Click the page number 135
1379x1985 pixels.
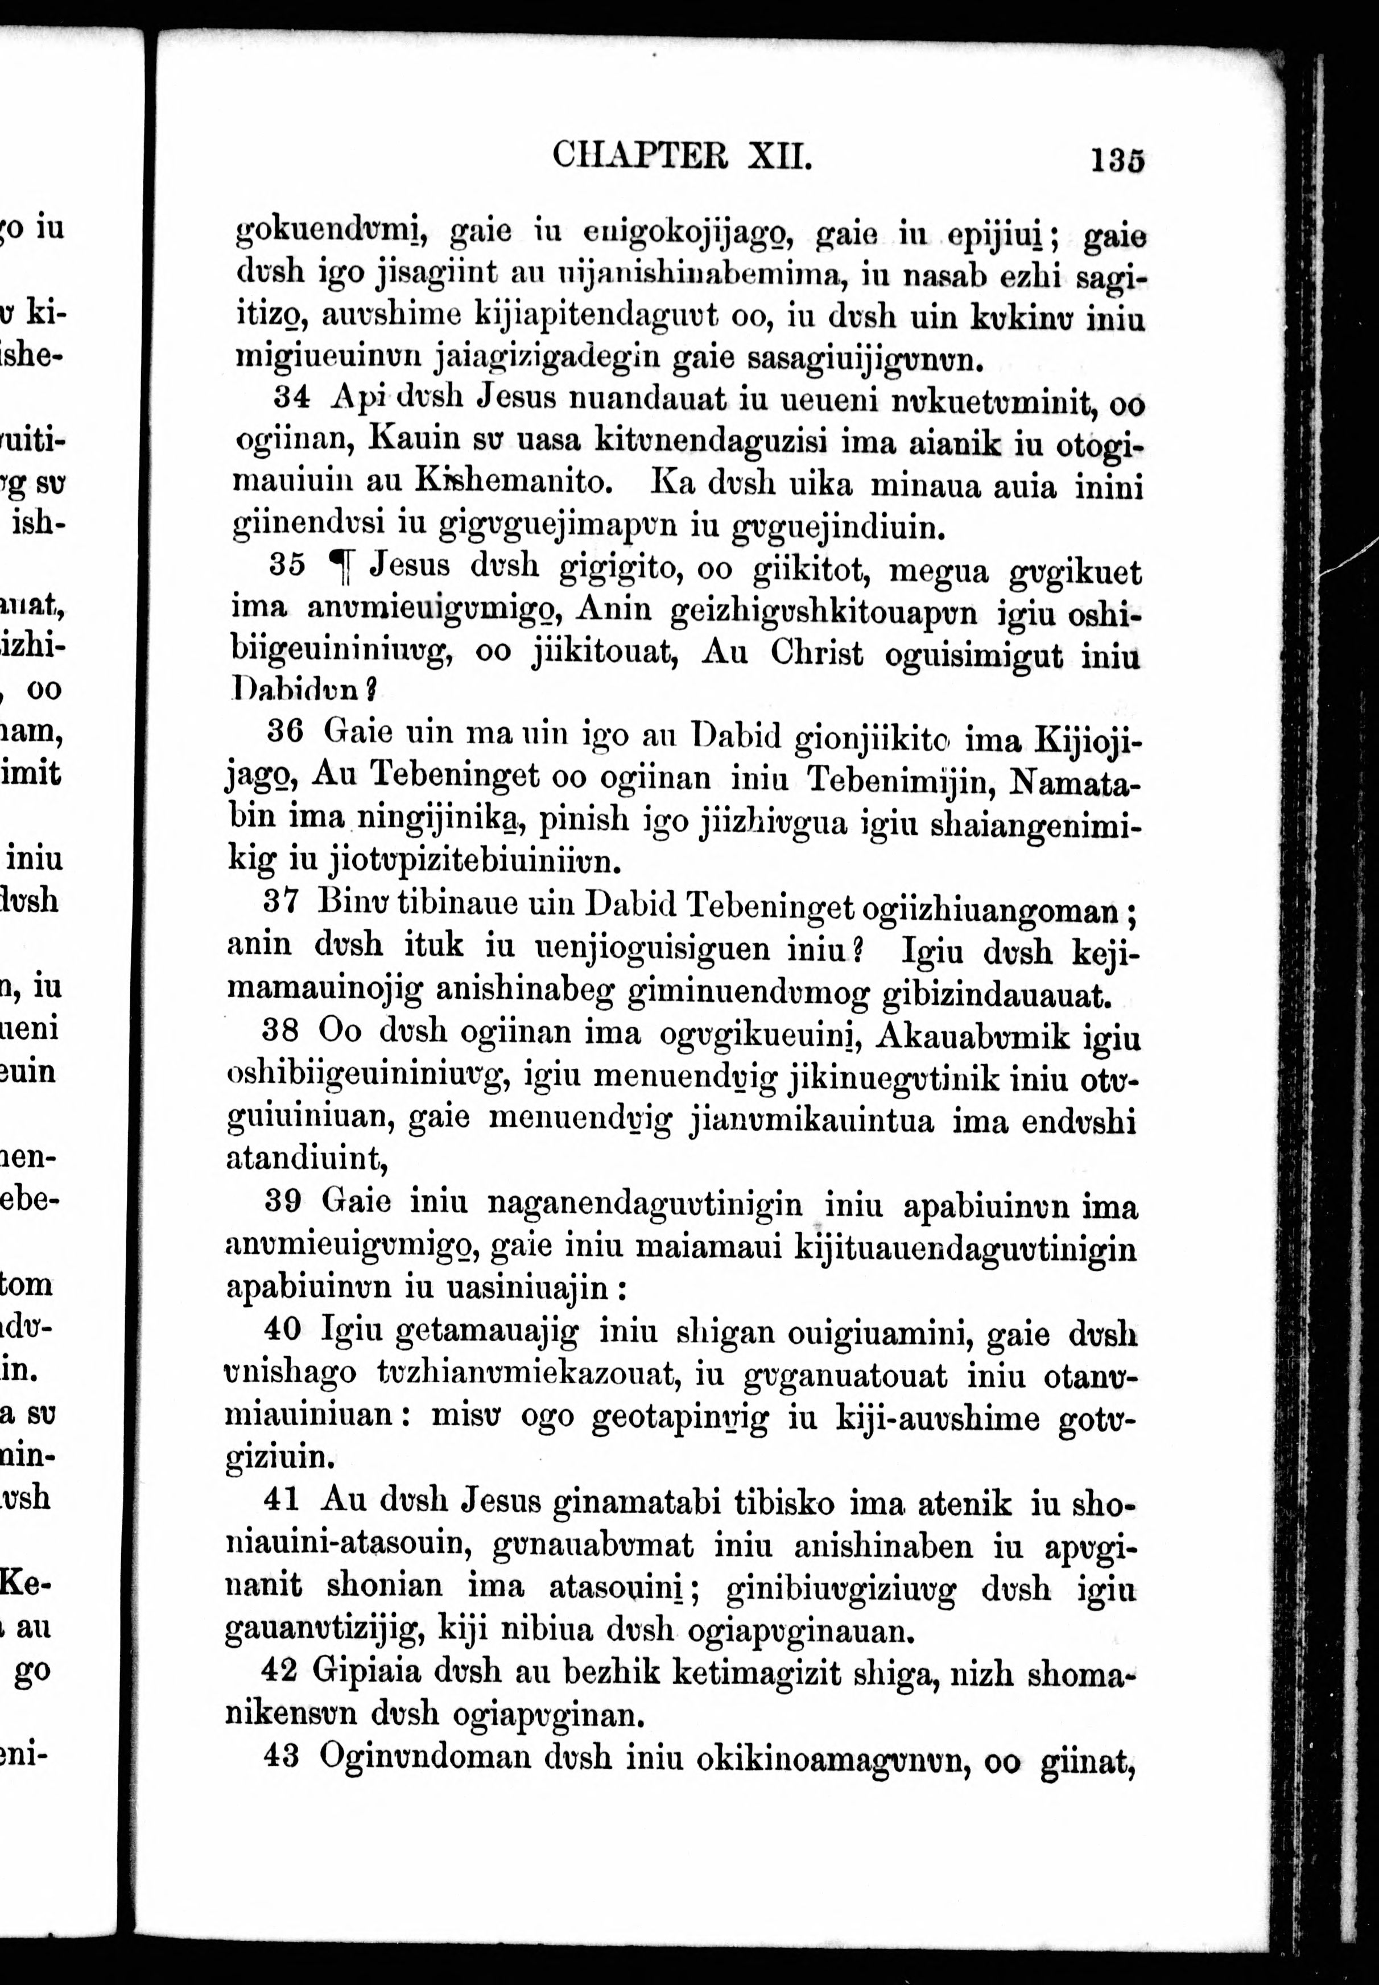[1117, 160]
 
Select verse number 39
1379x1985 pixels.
[282, 1201]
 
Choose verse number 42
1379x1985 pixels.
[280, 1670]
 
